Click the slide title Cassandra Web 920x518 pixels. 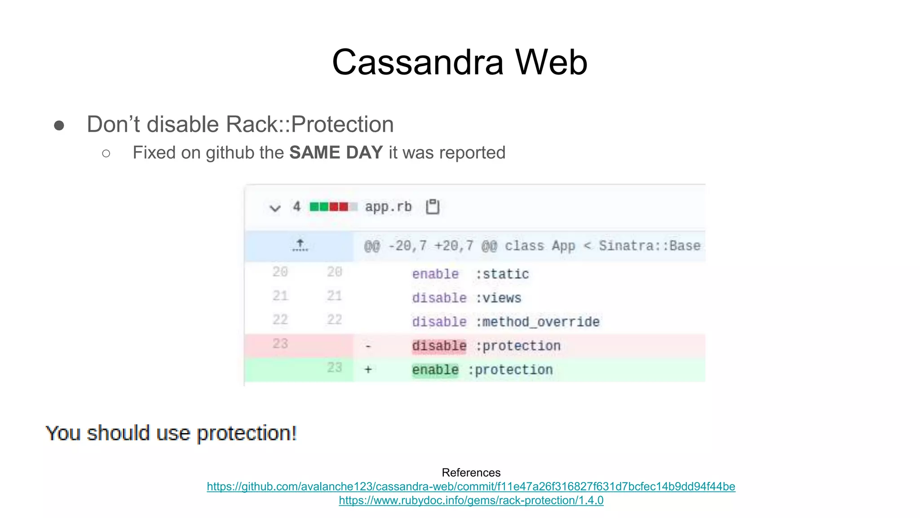(x=459, y=62)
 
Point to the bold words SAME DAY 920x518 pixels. (x=336, y=153)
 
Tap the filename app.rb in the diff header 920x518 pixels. (x=388, y=207)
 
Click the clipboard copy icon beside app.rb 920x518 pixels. (x=433, y=207)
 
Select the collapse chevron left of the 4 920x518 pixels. (x=275, y=208)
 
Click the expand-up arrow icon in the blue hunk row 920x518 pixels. (x=300, y=246)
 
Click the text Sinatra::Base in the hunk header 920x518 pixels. (x=649, y=246)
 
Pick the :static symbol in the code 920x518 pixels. (x=502, y=274)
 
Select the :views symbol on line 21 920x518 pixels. (x=499, y=298)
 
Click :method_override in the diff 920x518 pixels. (x=537, y=322)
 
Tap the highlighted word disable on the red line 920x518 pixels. (x=439, y=346)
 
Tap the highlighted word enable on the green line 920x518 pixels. (x=435, y=370)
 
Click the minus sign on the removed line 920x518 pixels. (x=368, y=346)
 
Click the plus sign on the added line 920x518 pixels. (x=368, y=370)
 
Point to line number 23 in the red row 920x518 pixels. (x=280, y=344)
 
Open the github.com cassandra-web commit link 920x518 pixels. (x=471, y=487)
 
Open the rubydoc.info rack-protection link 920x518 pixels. (x=471, y=500)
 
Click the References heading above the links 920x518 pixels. (x=471, y=473)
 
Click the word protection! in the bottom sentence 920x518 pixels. (x=247, y=433)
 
